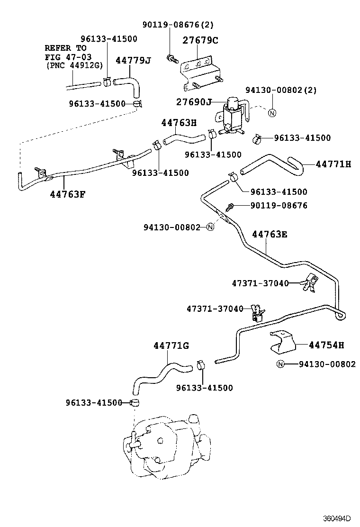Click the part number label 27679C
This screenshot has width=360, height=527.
200,40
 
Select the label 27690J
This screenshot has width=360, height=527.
194,102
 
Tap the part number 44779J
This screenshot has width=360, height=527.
133,60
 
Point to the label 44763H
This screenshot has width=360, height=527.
179,122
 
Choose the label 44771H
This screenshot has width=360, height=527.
333,164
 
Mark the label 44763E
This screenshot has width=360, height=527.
270,234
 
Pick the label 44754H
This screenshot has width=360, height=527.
326,345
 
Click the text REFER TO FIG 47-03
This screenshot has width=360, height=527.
66,53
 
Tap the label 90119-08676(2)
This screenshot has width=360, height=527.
173,25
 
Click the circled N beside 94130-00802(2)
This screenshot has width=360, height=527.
271,113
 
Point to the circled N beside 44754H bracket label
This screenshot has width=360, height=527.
280,364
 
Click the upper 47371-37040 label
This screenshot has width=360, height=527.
260,283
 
